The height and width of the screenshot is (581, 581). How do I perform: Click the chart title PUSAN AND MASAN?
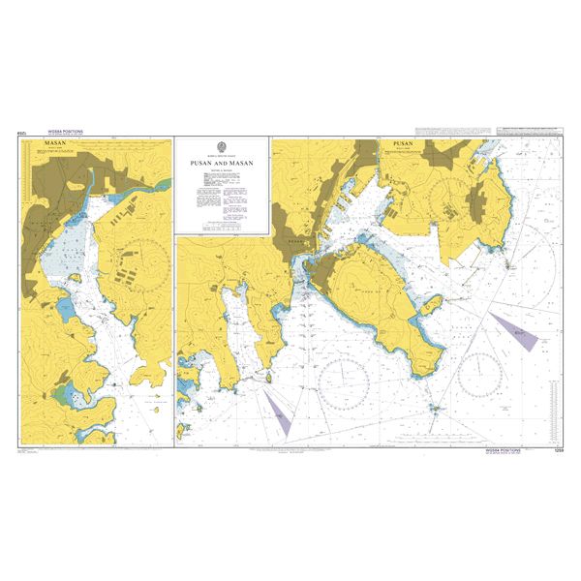tap(221, 165)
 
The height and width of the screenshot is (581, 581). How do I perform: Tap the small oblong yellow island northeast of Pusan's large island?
tap(433, 306)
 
